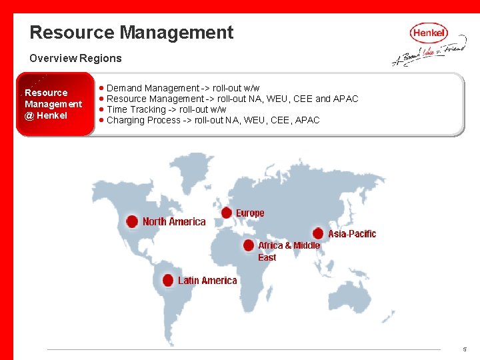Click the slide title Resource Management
click(x=131, y=33)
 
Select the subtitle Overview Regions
click(x=75, y=58)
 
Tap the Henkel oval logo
click(x=429, y=33)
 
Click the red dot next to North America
click(x=132, y=221)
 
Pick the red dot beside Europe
click(x=227, y=213)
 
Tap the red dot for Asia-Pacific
click(x=318, y=233)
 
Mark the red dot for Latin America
click(x=168, y=281)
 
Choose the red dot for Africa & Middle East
click(x=249, y=245)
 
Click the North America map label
click(x=174, y=221)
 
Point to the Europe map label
click(x=250, y=213)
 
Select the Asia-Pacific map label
click(x=352, y=234)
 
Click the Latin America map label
click(x=207, y=281)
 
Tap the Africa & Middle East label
click(x=288, y=251)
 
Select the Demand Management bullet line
click(x=183, y=88)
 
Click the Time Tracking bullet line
click(x=166, y=109)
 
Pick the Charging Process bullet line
click(x=213, y=120)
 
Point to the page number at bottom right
click(x=465, y=349)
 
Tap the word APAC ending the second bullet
click(x=345, y=99)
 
